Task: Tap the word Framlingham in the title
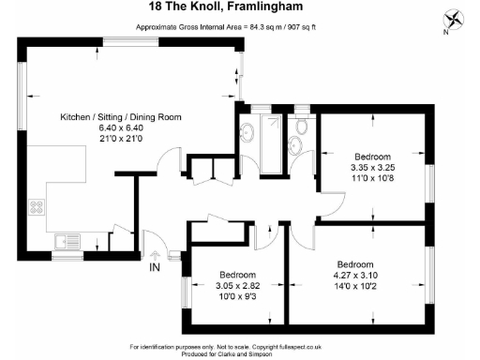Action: (280, 7)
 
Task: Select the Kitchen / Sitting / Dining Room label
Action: (121, 117)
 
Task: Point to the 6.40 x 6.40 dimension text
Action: (121, 127)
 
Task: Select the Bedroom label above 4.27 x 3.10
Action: (356, 263)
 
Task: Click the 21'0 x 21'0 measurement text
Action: (121, 138)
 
